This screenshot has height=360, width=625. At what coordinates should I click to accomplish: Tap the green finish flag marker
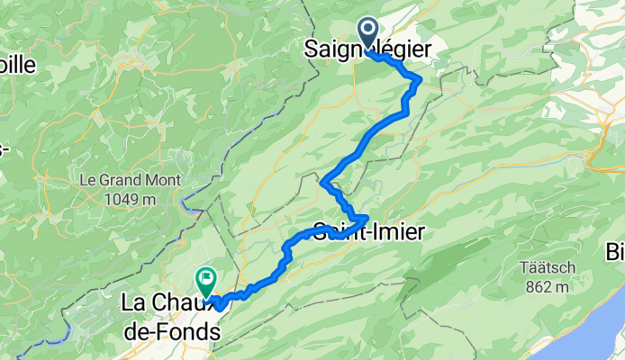tap(206, 282)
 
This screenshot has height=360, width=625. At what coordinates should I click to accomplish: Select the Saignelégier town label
tap(377, 49)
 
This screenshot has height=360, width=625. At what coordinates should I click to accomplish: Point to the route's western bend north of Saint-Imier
tap(322, 183)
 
